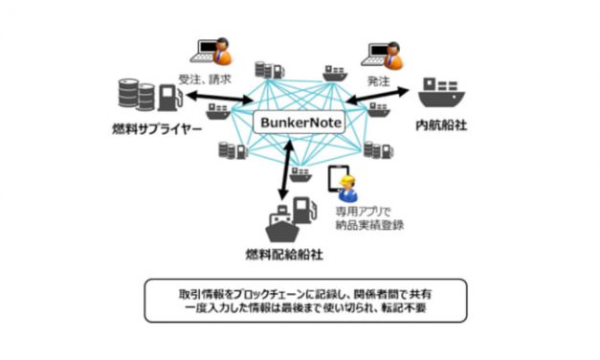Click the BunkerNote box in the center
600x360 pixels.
(300, 123)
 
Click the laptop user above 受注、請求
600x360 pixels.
(210, 52)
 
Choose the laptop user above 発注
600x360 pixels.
(386, 52)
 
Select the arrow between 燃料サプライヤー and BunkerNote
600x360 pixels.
(213, 99)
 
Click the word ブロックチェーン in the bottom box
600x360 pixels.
(252, 287)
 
